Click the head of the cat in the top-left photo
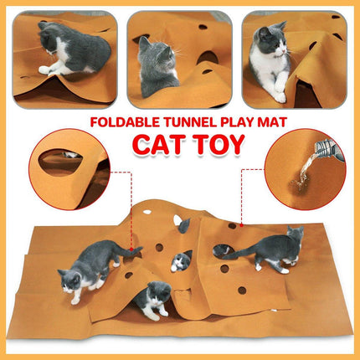(53, 34)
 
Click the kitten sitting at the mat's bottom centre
(155, 298)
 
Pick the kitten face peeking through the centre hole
(179, 263)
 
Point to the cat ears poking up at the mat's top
(183, 224)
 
